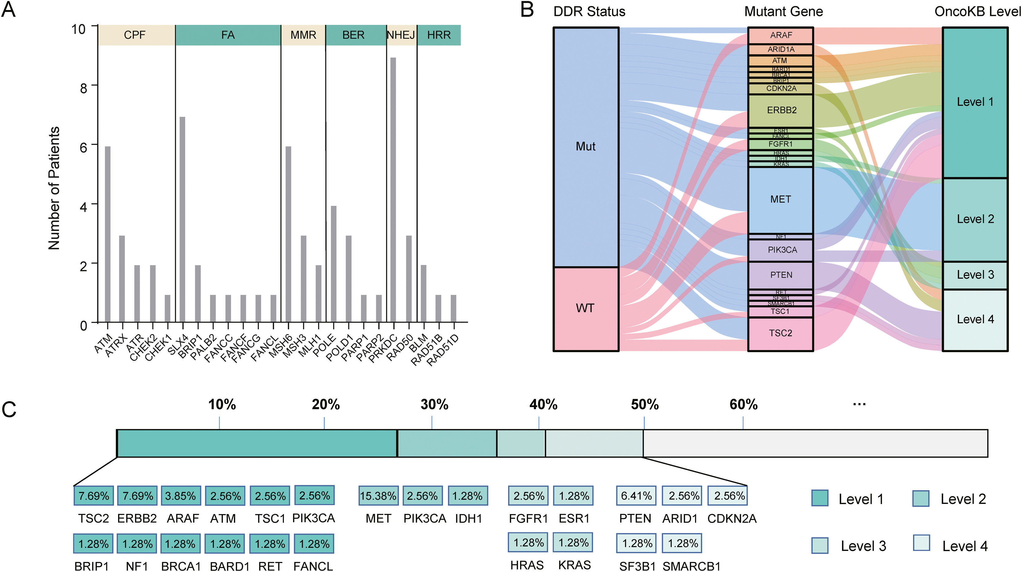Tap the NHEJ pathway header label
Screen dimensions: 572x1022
[401, 35]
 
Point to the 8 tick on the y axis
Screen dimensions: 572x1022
[84, 88]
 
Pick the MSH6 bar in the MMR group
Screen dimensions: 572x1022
[289, 234]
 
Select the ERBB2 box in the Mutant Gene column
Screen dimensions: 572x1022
[781, 110]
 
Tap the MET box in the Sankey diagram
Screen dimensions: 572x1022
[781, 200]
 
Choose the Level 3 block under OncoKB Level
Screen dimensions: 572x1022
[975, 275]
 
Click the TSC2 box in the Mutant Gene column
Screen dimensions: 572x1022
[781, 333]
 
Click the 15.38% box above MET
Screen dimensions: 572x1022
[378, 496]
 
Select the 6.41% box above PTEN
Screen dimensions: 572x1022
[636, 496]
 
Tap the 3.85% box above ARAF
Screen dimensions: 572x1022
[181, 496]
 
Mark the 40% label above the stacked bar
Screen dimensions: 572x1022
[543, 405]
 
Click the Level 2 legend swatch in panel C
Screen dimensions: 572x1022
[921, 499]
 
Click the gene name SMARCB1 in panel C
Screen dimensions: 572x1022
[691, 566]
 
